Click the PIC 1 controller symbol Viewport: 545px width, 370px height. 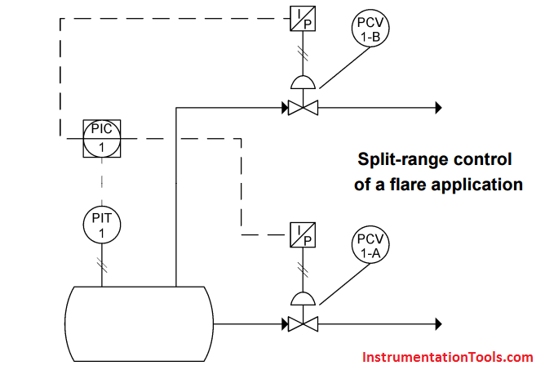102,137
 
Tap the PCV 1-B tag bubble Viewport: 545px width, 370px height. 369,29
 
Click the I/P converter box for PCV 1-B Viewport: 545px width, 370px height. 301,18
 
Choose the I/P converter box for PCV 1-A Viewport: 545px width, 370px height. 301,234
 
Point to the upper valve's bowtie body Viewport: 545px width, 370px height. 302,107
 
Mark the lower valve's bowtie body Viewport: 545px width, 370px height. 302,323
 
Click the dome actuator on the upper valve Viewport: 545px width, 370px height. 302,82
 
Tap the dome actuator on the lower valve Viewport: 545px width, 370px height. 302,299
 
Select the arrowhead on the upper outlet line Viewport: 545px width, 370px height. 437,107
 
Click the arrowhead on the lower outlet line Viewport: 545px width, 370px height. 437,323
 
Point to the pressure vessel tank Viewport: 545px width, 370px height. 139,323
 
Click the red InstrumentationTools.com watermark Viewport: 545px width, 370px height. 445,357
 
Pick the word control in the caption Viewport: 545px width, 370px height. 484,158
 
